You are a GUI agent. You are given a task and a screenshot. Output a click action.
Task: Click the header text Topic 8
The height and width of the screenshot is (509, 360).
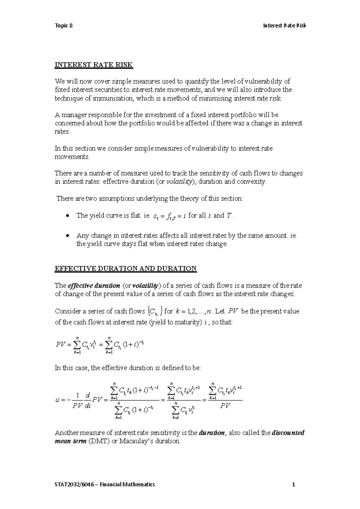tap(64, 26)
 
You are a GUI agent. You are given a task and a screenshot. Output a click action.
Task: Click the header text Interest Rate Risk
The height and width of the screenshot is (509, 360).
tap(284, 26)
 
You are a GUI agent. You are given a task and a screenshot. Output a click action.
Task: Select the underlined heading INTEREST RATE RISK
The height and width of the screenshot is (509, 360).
tap(94, 65)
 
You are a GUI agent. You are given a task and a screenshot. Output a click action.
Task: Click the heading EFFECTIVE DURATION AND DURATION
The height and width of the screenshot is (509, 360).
tap(125, 269)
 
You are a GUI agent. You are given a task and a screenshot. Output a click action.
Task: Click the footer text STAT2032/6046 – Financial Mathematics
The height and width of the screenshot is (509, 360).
tap(105, 484)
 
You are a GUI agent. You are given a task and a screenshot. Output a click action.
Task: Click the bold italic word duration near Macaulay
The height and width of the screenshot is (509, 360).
tap(212, 433)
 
